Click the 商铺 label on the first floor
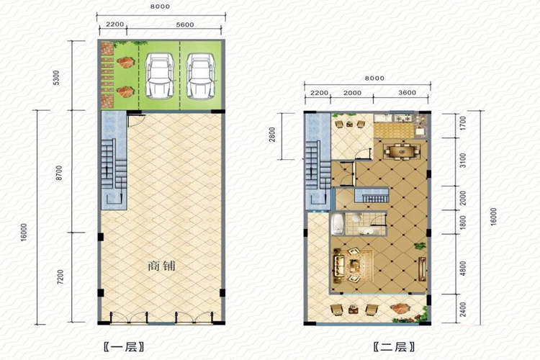pos(161,266)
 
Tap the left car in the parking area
pos(159,76)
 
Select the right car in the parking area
pos(200,76)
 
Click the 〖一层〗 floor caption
pos(124,346)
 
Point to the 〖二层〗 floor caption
pos(394,346)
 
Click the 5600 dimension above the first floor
pos(185,24)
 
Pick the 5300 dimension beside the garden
pos(56,78)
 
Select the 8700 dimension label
pos(59,173)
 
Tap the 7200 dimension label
pos(60,277)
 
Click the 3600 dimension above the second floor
pos(407,93)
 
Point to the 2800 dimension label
pos(272,135)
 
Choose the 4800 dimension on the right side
pos(463,269)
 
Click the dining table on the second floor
pos(402,151)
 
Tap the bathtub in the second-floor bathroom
pos(338,224)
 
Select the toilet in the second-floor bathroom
pos(356,217)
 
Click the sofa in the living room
pos(339,266)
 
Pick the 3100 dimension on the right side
pos(463,161)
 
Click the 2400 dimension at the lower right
pos(463,309)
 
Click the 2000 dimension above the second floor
pos(352,93)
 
